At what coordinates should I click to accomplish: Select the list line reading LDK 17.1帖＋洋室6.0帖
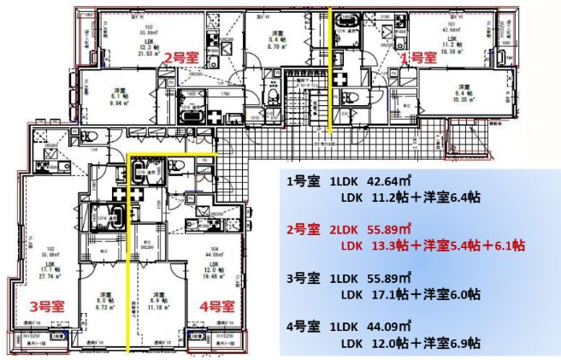[410, 293]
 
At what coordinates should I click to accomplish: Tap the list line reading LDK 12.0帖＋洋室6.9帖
[410, 342]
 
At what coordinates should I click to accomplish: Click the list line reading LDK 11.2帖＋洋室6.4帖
[410, 197]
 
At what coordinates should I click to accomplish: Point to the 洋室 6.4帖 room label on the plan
[464, 91]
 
